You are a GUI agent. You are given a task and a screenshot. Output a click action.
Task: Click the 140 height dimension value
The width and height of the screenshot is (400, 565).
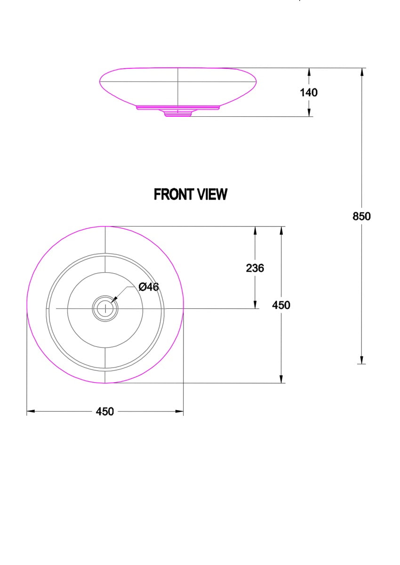click(309, 92)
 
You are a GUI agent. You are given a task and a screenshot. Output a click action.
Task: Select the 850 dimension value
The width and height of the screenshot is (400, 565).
click(361, 216)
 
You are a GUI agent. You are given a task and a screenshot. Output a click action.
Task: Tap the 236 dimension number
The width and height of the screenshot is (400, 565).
click(255, 268)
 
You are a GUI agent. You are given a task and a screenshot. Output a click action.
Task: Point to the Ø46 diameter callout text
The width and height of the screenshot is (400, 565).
click(148, 287)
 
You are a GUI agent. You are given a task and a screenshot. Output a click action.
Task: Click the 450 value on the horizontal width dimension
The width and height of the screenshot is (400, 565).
click(104, 412)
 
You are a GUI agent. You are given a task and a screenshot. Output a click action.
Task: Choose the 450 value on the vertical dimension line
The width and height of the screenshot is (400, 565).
click(281, 305)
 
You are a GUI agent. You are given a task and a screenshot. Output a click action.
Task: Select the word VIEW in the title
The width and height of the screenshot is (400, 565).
click(212, 194)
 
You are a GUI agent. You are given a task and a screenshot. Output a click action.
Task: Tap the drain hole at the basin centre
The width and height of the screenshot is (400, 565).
click(105, 308)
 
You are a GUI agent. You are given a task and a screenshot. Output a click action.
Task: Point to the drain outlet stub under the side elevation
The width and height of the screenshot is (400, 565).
click(178, 114)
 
